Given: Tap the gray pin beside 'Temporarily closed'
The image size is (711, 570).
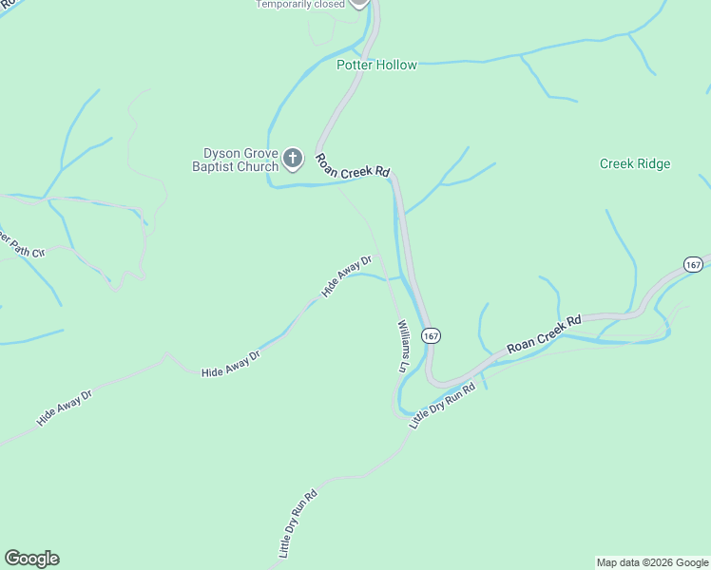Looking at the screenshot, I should point(358,3).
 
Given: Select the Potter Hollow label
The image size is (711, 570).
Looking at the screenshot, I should point(376,66).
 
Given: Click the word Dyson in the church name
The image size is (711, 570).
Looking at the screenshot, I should point(221,153).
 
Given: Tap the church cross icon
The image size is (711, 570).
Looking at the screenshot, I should point(293,159).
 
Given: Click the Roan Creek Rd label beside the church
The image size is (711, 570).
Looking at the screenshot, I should point(353,165).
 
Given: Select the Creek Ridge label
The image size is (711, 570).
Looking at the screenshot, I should point(635,164).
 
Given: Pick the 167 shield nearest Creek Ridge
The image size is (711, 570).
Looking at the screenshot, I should point(692,264).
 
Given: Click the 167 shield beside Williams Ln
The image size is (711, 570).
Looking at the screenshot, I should point(432,336).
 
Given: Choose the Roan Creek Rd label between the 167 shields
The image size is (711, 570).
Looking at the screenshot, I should point(544,335).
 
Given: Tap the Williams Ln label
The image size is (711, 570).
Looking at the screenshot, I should point(402,345).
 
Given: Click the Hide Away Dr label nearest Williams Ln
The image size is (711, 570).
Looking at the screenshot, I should point(346,276).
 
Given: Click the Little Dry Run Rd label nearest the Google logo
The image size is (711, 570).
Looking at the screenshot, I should point(298,522).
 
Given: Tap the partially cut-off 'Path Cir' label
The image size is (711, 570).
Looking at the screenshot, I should point(21,246).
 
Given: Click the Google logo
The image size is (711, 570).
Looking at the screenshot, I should point(31,559).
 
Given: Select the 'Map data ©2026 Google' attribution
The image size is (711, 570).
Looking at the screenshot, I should point(652,562).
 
